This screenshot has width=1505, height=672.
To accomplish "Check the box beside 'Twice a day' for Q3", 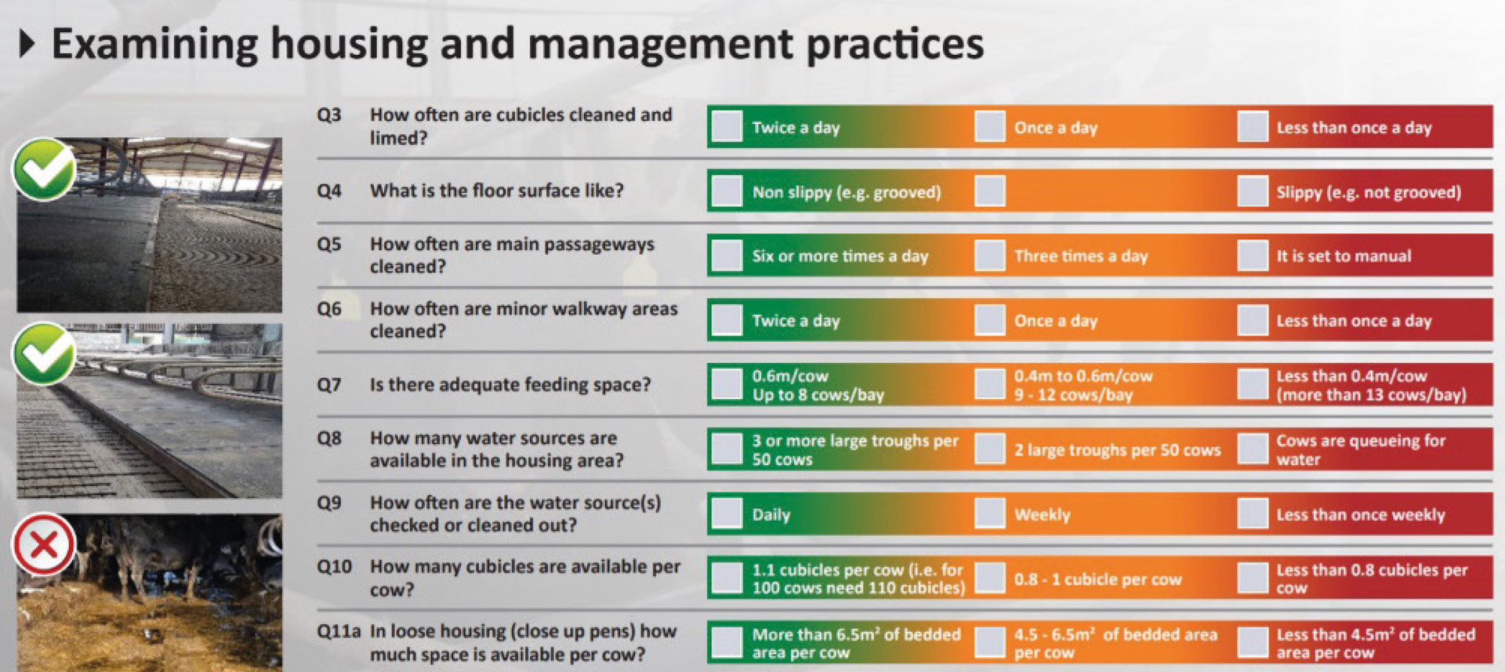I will click(x=727, y=126).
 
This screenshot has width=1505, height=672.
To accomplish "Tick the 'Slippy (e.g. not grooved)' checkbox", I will click(x=1252, y=191).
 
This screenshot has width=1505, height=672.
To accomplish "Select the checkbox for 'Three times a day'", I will click(x=989, y=256).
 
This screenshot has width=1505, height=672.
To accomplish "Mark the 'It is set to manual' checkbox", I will click(x=1252, y=256).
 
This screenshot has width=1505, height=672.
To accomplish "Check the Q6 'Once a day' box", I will click(x=989, y=320).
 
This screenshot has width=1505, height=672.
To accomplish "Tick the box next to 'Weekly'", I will click(x=989, y=514).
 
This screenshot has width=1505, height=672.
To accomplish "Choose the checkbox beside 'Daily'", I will click(x=727, y=514).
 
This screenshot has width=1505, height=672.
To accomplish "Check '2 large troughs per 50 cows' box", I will click(x=989, y=449).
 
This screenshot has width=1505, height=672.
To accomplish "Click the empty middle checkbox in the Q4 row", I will click(x=989, y=191).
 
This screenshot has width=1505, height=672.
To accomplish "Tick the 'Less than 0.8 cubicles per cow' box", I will click(x=1252, y=578).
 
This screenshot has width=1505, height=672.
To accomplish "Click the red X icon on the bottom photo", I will click(x=44, y=544).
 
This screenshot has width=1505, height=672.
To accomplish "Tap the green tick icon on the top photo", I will click(x=44, y=169).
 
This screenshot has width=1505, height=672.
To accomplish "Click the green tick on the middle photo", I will click(x=44, y=354).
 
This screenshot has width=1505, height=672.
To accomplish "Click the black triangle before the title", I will click(x=27, y=43).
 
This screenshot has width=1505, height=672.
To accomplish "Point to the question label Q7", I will click(x=329, y=384).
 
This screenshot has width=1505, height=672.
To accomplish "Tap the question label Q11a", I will click(x=338, y=631).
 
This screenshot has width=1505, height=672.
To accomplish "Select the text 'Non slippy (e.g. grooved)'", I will click(x=847, y=192).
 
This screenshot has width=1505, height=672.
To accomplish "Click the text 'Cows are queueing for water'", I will click(x=1361, y=449).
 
